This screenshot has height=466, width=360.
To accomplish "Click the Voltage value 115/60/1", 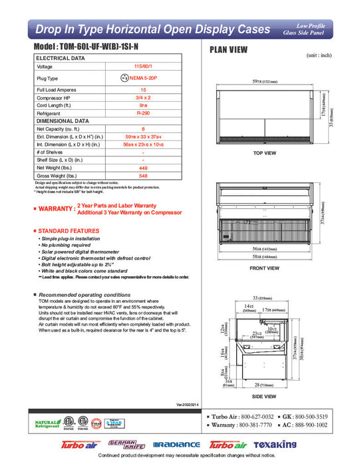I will tap(143, 67).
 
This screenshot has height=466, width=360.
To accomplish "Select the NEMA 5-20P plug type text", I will tap(146, 78).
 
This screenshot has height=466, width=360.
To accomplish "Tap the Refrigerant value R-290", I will tap(143, 113).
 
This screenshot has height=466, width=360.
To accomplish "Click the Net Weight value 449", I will tap(143, 168).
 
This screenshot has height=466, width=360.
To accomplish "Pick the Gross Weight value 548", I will tap(143, 176).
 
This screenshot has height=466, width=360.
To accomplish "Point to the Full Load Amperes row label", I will tap(55, 89).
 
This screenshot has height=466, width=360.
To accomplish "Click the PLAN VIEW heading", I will tap(230, 49).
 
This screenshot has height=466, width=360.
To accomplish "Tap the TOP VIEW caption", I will tap(264, 153).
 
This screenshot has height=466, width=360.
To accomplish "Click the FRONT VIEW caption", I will tap(264, 268).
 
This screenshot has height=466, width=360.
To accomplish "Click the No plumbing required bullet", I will tap(67, 245).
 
